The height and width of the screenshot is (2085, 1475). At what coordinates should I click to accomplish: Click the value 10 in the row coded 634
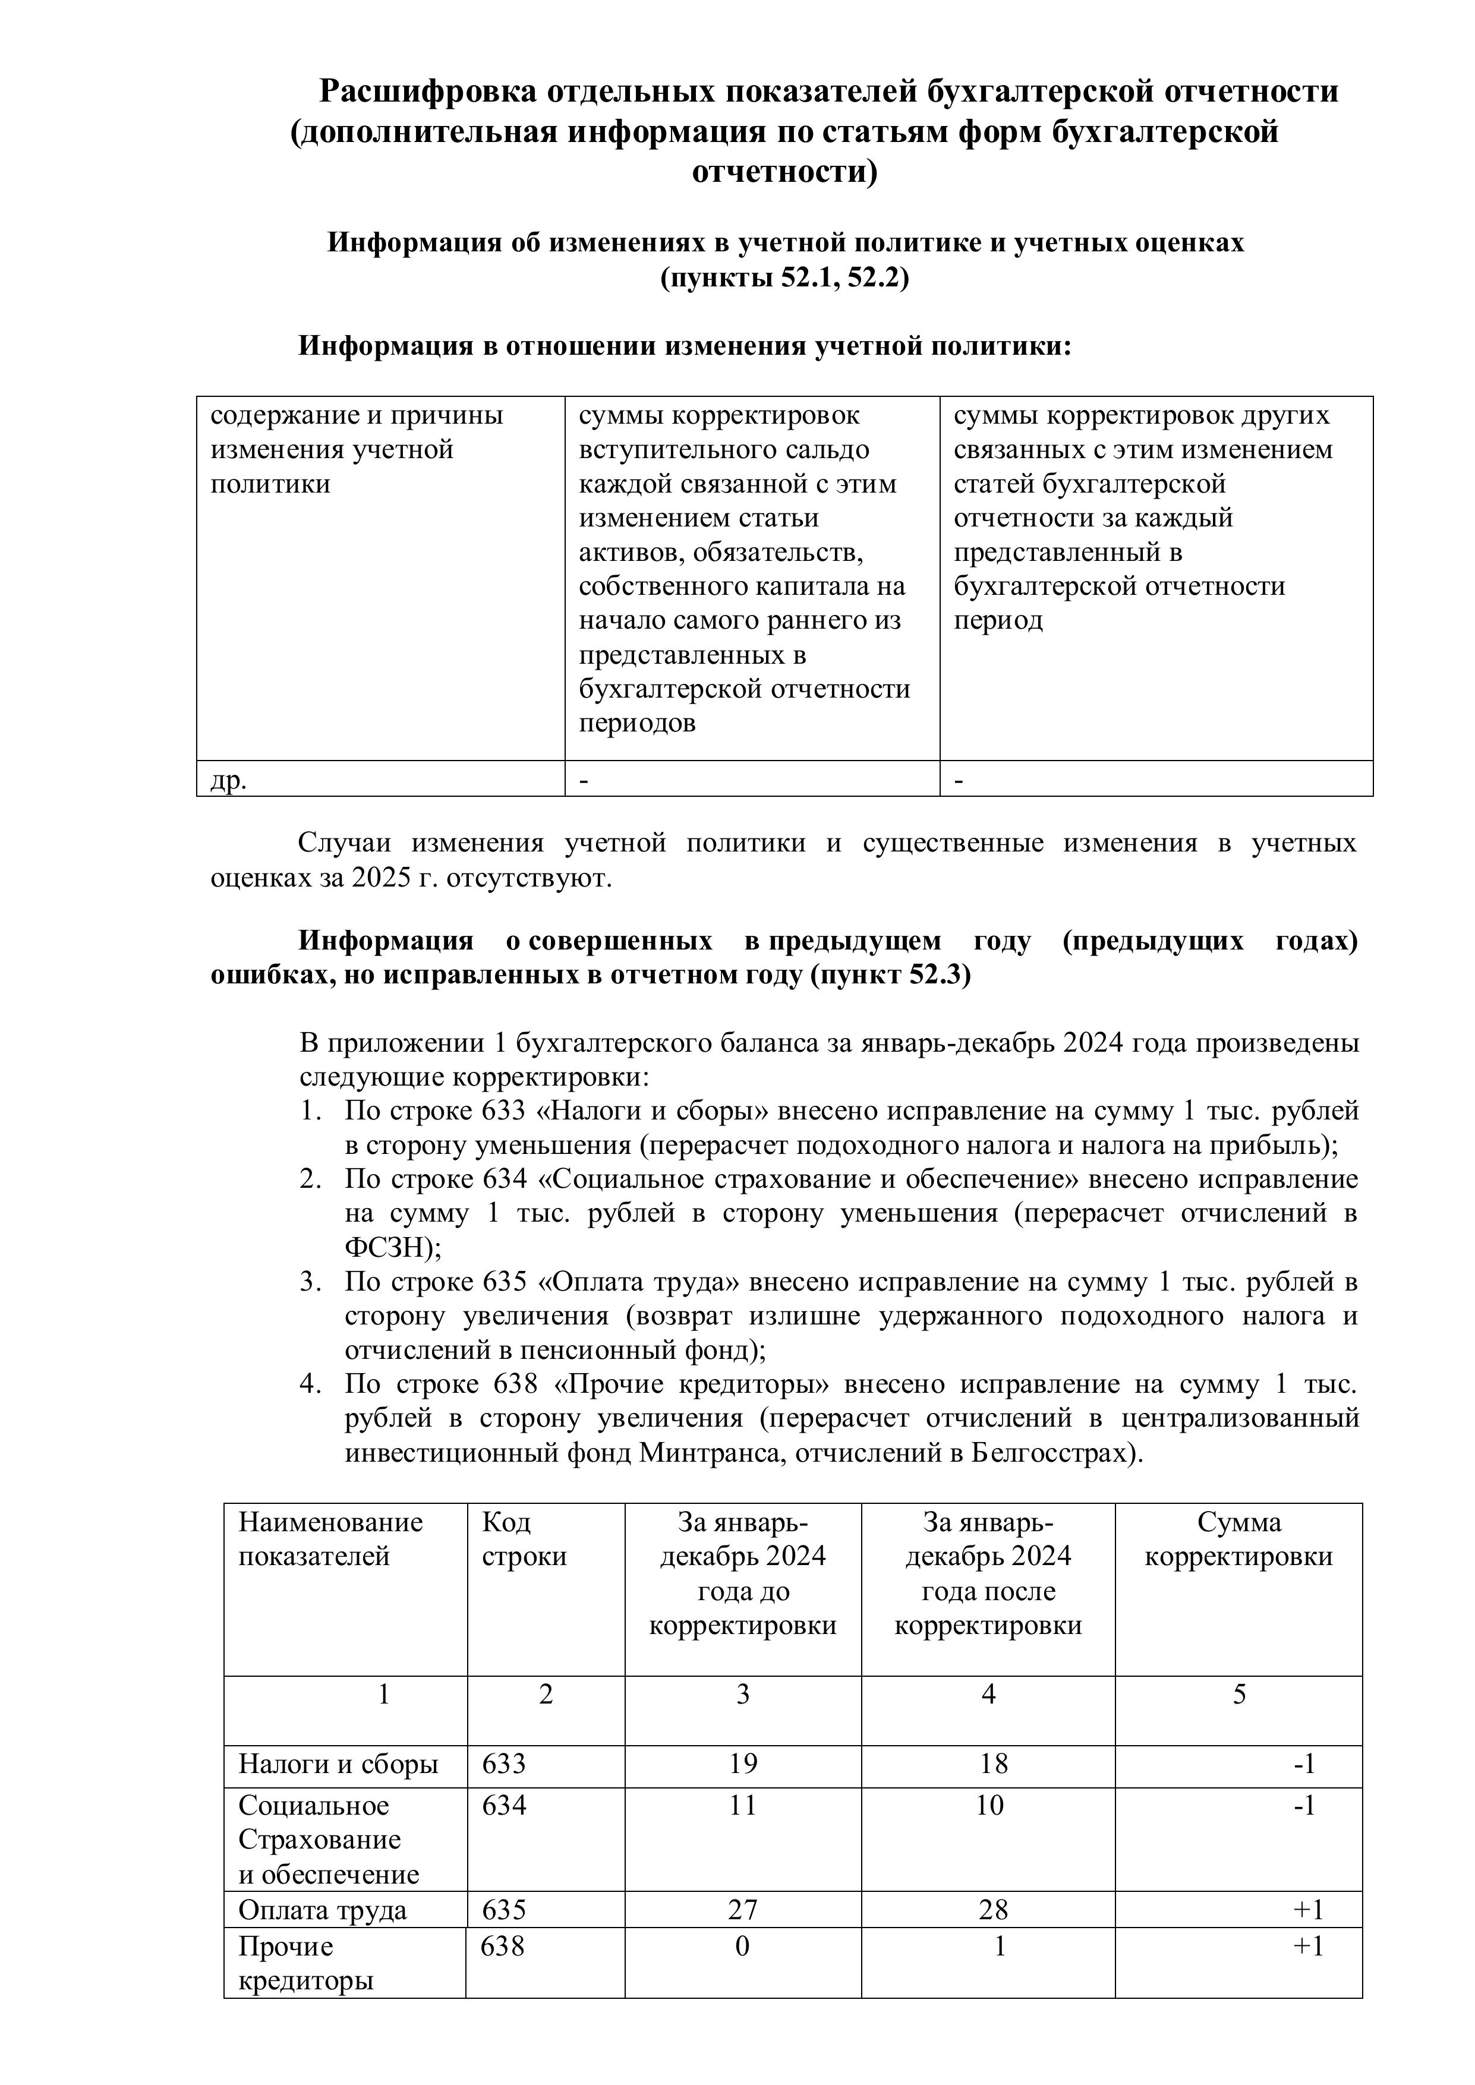pyautogui.click(x=989, y=1805)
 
